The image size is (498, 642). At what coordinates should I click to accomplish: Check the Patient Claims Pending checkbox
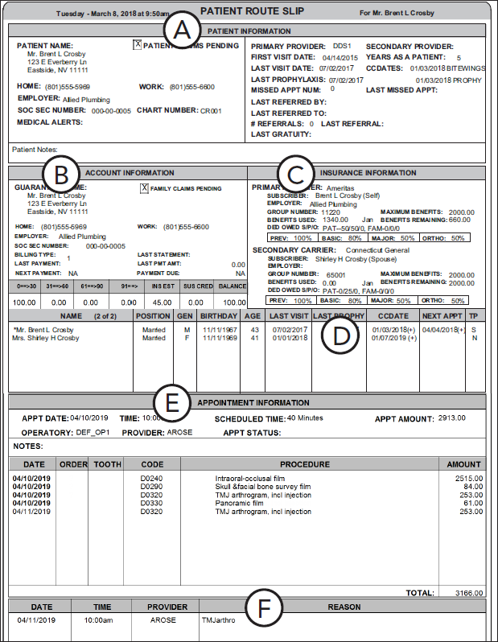[137, 46]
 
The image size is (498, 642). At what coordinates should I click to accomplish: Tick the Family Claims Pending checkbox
[145, 188]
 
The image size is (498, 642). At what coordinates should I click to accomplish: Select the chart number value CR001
[210, 111]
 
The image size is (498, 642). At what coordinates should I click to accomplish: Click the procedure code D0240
[151, 478]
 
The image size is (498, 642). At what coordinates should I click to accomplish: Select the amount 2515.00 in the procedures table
[467, 478]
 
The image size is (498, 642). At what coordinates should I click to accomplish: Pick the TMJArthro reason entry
[219, 620]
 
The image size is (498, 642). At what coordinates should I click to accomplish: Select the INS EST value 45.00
[163, 302]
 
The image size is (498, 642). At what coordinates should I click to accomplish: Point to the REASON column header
[344, 607]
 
